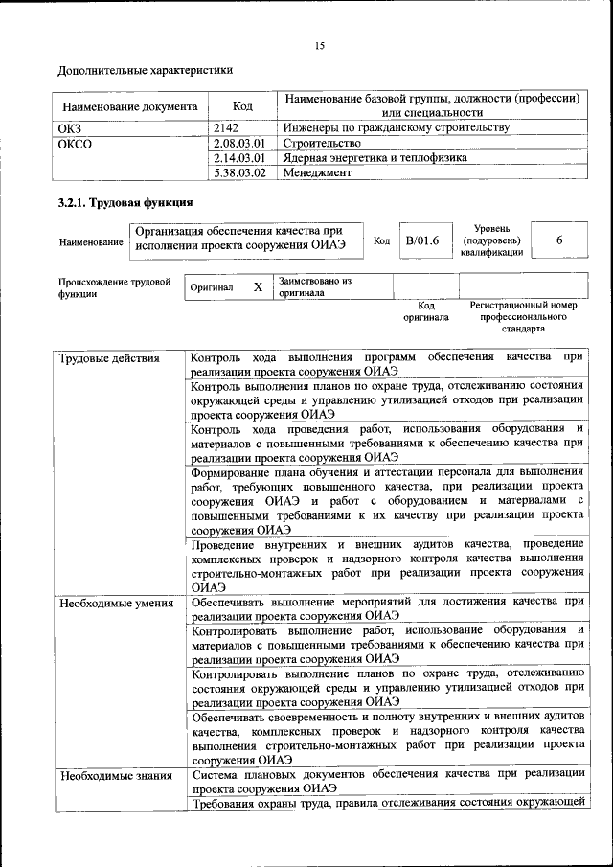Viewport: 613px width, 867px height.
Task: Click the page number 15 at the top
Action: [x=320, y=45]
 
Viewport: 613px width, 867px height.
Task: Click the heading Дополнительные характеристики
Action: [x=145, y=70]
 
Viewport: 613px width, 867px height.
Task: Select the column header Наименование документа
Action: [x=130, y=106]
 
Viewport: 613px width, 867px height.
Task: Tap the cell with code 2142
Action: [x=226, y=126]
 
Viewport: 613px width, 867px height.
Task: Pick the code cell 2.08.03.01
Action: [x=239, y=142]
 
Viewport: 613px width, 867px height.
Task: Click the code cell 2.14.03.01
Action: [x=239, y=157]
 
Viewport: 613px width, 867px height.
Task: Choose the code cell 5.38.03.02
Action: [x=239, y=172]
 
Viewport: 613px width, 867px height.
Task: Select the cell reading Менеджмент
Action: [x=317, y=172]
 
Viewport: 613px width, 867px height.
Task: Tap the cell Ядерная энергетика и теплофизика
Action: [x=375, y=157]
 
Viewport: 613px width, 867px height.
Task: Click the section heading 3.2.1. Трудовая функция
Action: [x=125, y=202]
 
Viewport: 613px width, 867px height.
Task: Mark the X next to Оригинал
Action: [x=258, y=286]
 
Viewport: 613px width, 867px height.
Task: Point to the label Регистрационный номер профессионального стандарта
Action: [x=523, y=315]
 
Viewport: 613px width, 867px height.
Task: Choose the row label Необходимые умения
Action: [x=116, y=603]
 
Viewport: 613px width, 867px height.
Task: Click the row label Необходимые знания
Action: [x=115, y=775]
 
